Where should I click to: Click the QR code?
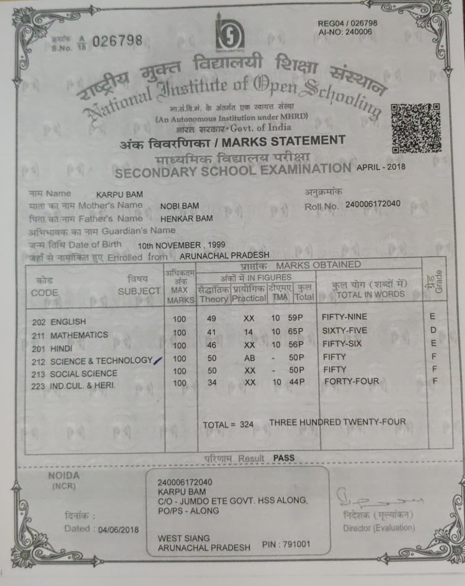pyautogui.click(x=416, y=128)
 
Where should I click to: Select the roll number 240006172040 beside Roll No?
pyautogui.click(x=373, y=204)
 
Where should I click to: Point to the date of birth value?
pyautogui.click(x=182, y=245)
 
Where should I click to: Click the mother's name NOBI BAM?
pyautogui.click(x=179, y=206)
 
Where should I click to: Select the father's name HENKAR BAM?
pyautogui.click(x=186, y=218)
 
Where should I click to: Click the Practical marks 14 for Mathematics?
pyautogui.click(x=249, y=331)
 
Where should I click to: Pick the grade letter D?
pyautogui.click(x=433, y=330)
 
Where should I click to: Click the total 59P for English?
pyautogui.click(x=296, y=318)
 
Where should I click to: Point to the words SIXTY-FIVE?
pyautogui.click(x=344, y=331)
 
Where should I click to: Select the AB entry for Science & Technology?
pyautogui.click(x=250, y=358)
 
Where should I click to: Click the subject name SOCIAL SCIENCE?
pyautogui.click(x=84, y=374)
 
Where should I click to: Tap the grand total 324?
pyautogui.click(x=246, y=424)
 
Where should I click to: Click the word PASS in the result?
pyautogui.click(x=283, y=458)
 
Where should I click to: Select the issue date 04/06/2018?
pyautogui.click(x=118, y=529)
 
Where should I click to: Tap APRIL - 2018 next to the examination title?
pyautogui.click(x=380, y=167)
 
